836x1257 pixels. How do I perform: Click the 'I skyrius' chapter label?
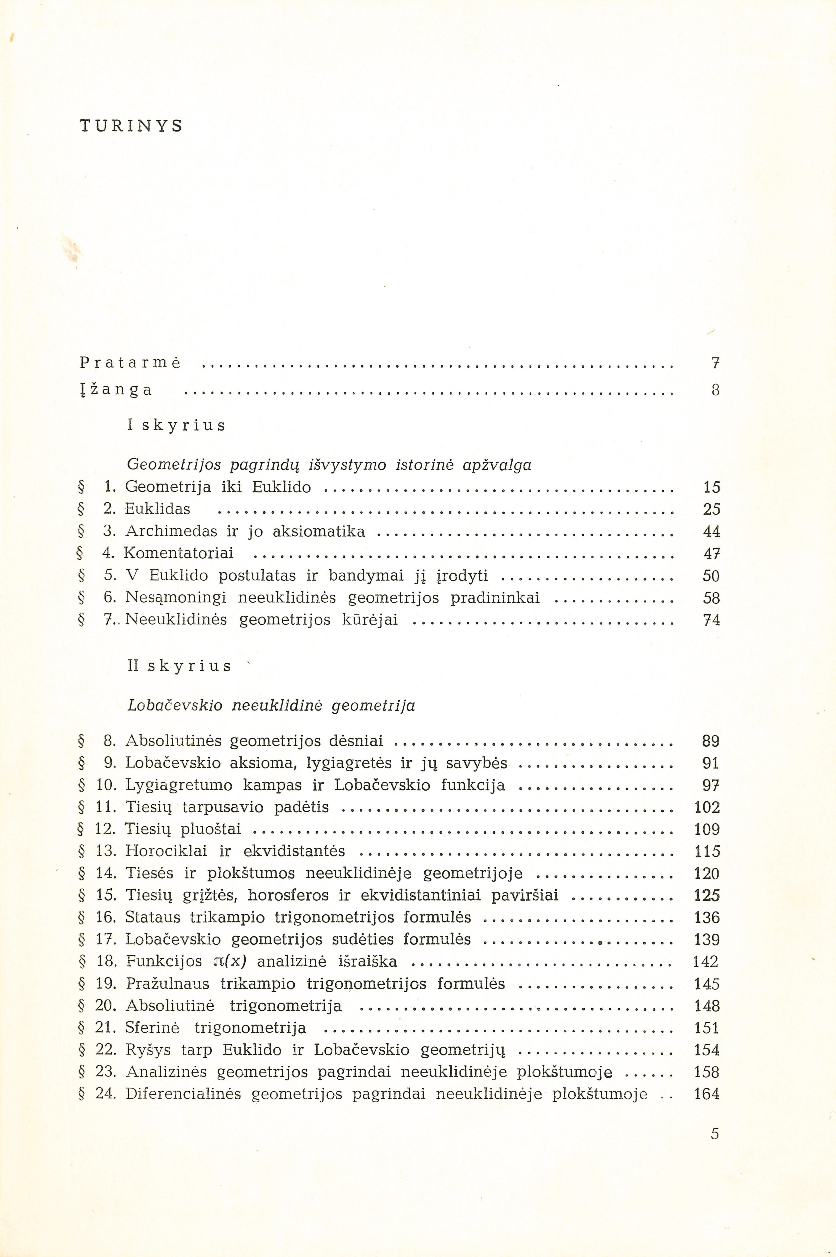(x=176, y=425)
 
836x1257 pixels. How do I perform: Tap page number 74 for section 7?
(x=712, y=620)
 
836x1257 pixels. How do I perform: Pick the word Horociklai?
(x=166, y=851)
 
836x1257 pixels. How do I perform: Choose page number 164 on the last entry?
(x=707, y=1094)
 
